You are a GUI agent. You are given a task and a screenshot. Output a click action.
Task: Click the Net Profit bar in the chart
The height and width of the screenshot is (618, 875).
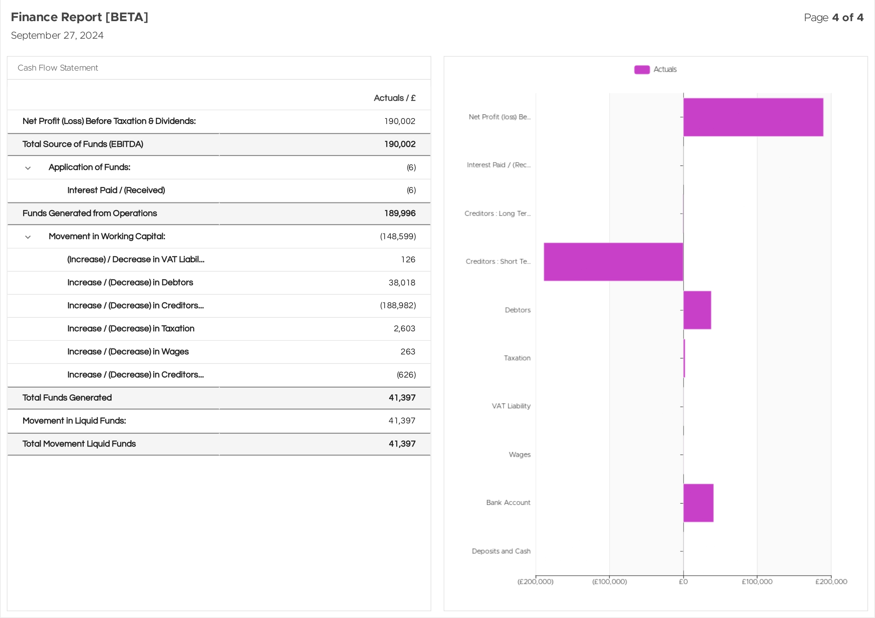pyautogui.click(x=753, y=117)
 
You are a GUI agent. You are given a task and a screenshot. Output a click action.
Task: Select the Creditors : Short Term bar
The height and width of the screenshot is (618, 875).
pyautogui.click(x=613, y=262)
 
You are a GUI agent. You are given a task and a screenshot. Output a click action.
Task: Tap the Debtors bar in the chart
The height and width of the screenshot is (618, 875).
pyautogui.click(x=697, y=310)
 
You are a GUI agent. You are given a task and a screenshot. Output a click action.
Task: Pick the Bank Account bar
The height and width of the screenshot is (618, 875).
pyautogui.click(x=698, y=503)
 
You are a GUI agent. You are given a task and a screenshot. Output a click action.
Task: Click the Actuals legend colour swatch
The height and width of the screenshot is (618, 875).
pyautogui.click(x=642, y=69)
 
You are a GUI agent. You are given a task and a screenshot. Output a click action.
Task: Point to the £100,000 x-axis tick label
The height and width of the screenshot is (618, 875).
pyautogui.click(x=757, y=582)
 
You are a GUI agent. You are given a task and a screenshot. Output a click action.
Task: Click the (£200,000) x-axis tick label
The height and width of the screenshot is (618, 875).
pyautogui.click(x=535, y=582)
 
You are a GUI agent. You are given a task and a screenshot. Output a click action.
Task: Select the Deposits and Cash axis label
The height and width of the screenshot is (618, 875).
pyautogui.click(x=501, y=551)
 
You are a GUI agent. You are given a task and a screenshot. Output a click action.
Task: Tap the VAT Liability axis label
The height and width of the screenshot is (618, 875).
pyautogui.click(x=511, y=406)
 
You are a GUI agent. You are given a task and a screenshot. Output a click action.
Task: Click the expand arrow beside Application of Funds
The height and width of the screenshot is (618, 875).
pyautogui.click(x=28, y=168)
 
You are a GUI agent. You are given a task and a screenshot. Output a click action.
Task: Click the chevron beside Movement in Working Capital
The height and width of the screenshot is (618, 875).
pyautogui.click(x=28, y=237)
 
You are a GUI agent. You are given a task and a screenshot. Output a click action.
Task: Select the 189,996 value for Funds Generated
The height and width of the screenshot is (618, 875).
pyautogui.click(x=400, y=213)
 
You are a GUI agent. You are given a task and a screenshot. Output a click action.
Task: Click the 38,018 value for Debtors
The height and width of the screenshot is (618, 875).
pyautogui.click(x=402, y=283)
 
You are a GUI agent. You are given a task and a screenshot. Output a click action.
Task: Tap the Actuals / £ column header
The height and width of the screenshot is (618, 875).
pyautogui.click(x=395, y=98)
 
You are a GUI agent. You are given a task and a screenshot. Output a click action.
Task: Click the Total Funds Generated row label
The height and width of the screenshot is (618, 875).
pyautogui.click(x=67, y=398)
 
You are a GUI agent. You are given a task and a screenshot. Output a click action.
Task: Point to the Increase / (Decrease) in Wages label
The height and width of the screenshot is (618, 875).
pyautogui.click(x=128, y=352)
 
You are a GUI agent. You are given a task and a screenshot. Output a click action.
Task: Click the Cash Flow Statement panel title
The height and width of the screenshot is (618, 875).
pyautogui.click(x=58, y=68)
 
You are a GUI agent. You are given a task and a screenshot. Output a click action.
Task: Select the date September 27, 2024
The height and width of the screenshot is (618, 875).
pyautogui.click(x=57, y=35)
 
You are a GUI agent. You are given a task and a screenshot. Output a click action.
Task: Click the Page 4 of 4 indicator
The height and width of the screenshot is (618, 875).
pyautogui.click(x=834, y=18)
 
